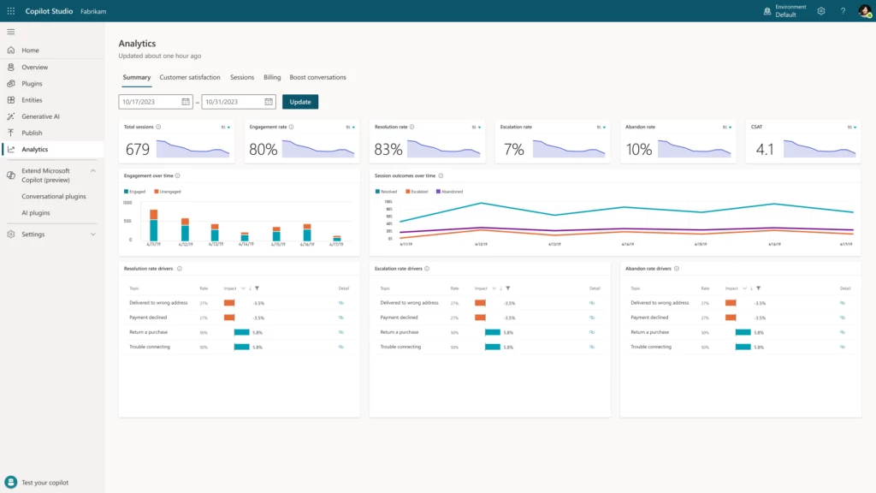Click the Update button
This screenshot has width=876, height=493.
[300, 102]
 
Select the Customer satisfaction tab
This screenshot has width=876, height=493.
[190, 77]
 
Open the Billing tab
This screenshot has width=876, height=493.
[272, 77]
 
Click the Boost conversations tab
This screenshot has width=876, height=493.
[317, 77]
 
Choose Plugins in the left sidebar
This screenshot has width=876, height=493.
[32, 84]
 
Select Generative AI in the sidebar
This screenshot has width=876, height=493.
[41, 116]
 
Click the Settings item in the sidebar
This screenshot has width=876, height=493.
[33, 235]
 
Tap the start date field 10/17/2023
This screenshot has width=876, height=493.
[150, 102]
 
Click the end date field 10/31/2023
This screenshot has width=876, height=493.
[233, 102]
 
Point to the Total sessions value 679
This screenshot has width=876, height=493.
[138, 150]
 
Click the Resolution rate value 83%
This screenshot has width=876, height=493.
[388, 150]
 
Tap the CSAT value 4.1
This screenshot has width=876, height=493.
[765, 150]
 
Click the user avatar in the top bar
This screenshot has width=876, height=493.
[865, 11]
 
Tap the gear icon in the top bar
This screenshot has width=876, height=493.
[821, 11]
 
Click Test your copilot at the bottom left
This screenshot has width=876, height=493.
[44, 483]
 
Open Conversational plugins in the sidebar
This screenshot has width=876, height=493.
[54, 196]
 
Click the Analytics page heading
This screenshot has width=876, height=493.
[137, 44]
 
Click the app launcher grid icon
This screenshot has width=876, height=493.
[11, 11]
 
